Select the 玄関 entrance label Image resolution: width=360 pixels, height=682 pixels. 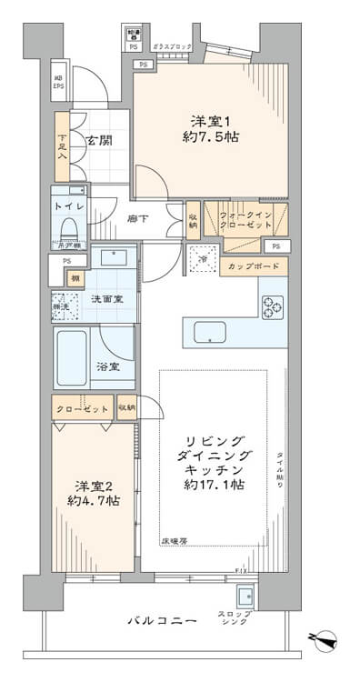[97, 140]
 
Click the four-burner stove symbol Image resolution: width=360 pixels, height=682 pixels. [273, 309]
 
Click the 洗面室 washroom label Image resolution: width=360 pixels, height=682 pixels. [106, 299]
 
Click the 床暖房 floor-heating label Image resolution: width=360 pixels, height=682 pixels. [175, 540]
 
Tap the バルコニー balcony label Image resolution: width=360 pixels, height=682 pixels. [161, 621]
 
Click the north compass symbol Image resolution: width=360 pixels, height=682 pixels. [325, 639]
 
